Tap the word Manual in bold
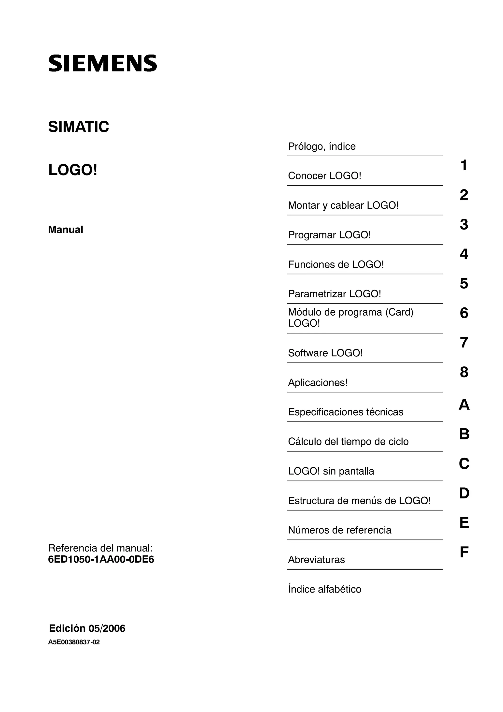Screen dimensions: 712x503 (x=66, y=230)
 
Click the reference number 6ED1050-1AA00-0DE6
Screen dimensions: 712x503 (x=101, y=559)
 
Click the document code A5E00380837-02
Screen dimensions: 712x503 (x=74, y=642)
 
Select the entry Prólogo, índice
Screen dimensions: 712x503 (x=322, y=146)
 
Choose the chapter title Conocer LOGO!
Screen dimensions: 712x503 (x=324, y=176)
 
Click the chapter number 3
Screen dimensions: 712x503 (x=464, y=225)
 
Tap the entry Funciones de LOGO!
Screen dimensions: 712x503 (x=336, y=264)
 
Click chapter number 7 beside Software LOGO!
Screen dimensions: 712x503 (x=464, y=343)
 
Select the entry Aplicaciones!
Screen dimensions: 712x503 (x=318, y=383)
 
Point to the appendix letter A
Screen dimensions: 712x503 (x=464, y=405)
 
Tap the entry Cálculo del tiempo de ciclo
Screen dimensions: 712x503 (x=348, y=442)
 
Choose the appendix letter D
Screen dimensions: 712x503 (x=464, y=493)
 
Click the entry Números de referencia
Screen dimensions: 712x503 (x=340, y=530)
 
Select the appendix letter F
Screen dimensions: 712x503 (x=464, y=552)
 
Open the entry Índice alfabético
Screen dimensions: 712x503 (x=324, y=589)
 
